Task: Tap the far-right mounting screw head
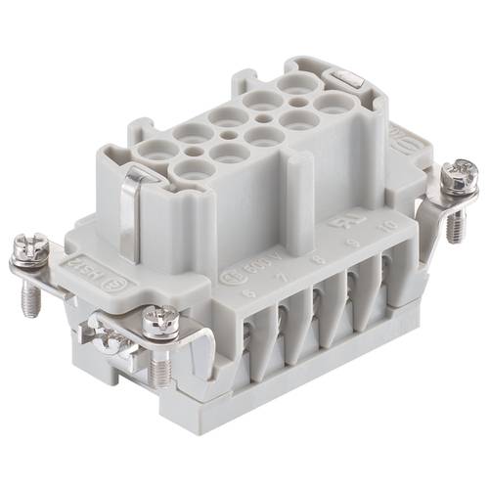456,177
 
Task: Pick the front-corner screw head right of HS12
159,319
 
